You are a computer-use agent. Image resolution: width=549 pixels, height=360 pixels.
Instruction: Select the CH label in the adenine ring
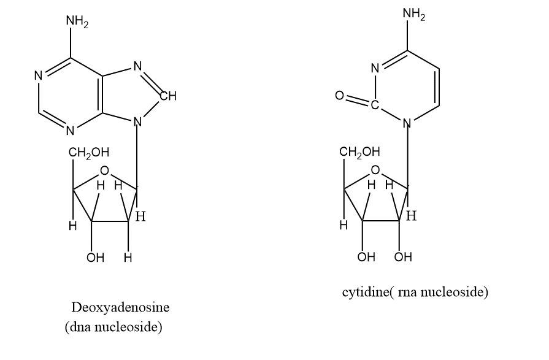click(x=168, y=96)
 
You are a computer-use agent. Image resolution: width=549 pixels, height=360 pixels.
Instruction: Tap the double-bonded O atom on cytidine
click(x=337, y=96)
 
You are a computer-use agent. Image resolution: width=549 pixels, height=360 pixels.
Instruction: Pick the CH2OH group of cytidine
click(x=360, y=151)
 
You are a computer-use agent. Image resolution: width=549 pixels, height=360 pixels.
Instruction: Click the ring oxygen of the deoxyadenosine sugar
click(x=105, y=170)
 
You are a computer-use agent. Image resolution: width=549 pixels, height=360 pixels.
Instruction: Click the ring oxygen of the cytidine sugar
click(x=375, y=170)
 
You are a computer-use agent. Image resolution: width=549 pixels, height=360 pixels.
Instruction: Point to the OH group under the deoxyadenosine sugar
click(x=94, y=258)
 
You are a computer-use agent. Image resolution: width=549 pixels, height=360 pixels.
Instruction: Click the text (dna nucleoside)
click(x=113, y=327)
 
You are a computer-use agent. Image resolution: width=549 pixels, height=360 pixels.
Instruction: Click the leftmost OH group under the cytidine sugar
click(x=366, y=257)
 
